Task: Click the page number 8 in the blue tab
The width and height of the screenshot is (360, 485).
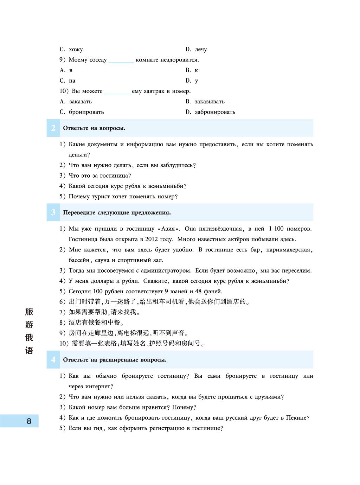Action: [x=29, y=421]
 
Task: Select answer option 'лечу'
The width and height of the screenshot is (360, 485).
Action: [x=201, y=50]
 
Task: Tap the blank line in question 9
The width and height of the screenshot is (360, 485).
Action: [x=121, y=60]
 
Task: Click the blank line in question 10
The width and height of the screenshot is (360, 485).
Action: [x=117, y=92]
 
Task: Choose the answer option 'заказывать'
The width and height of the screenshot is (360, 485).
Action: [x=210, y=102]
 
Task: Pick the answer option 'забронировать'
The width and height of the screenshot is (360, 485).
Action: [x=215, y=112]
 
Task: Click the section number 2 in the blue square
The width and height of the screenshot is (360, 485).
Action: [x=53, y=128]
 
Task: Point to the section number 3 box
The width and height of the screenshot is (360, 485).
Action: [x=53, y=212]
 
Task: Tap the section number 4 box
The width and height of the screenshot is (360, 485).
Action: [x=53, y=359]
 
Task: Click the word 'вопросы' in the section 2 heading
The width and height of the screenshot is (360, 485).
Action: [x=113, y=128]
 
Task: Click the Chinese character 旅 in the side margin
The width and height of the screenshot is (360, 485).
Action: [x=29, y=312]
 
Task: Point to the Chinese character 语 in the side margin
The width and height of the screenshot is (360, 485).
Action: [x=29, y=351]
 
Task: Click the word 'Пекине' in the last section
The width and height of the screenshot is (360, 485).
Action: [x=296, y=418]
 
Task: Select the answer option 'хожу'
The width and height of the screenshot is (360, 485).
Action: [x=76, y=50]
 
